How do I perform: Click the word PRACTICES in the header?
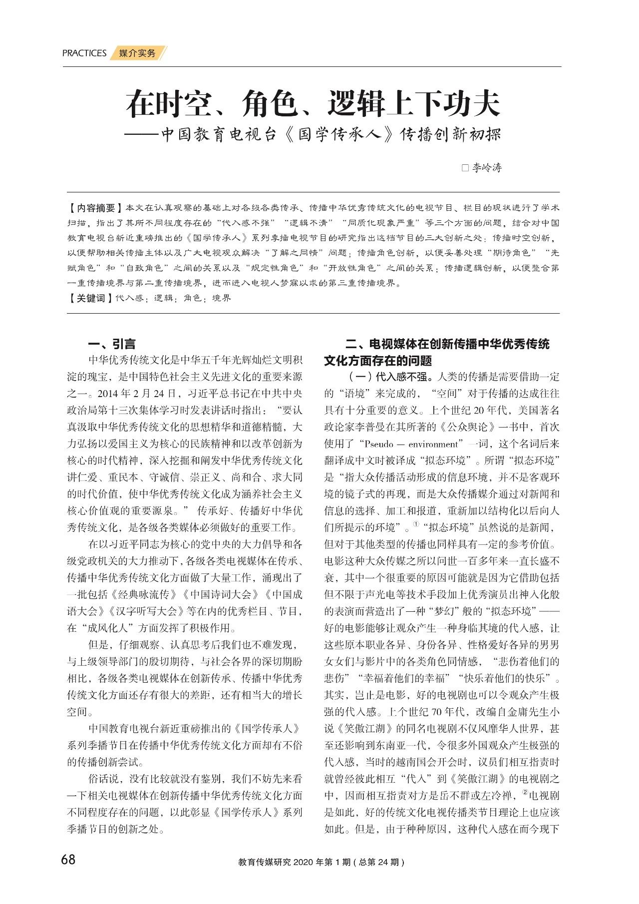[x=84, y=53]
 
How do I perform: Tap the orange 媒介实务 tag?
[x=137, y=53]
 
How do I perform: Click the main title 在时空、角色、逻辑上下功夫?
[x=313, y=104]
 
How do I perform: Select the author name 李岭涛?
[x=487, y=168]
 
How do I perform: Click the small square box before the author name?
[x=465, y=168]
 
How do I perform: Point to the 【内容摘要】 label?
[x=95, y=208]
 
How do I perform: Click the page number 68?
[x=68, y=860]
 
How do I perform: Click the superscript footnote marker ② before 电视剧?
[x=525, y=792]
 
